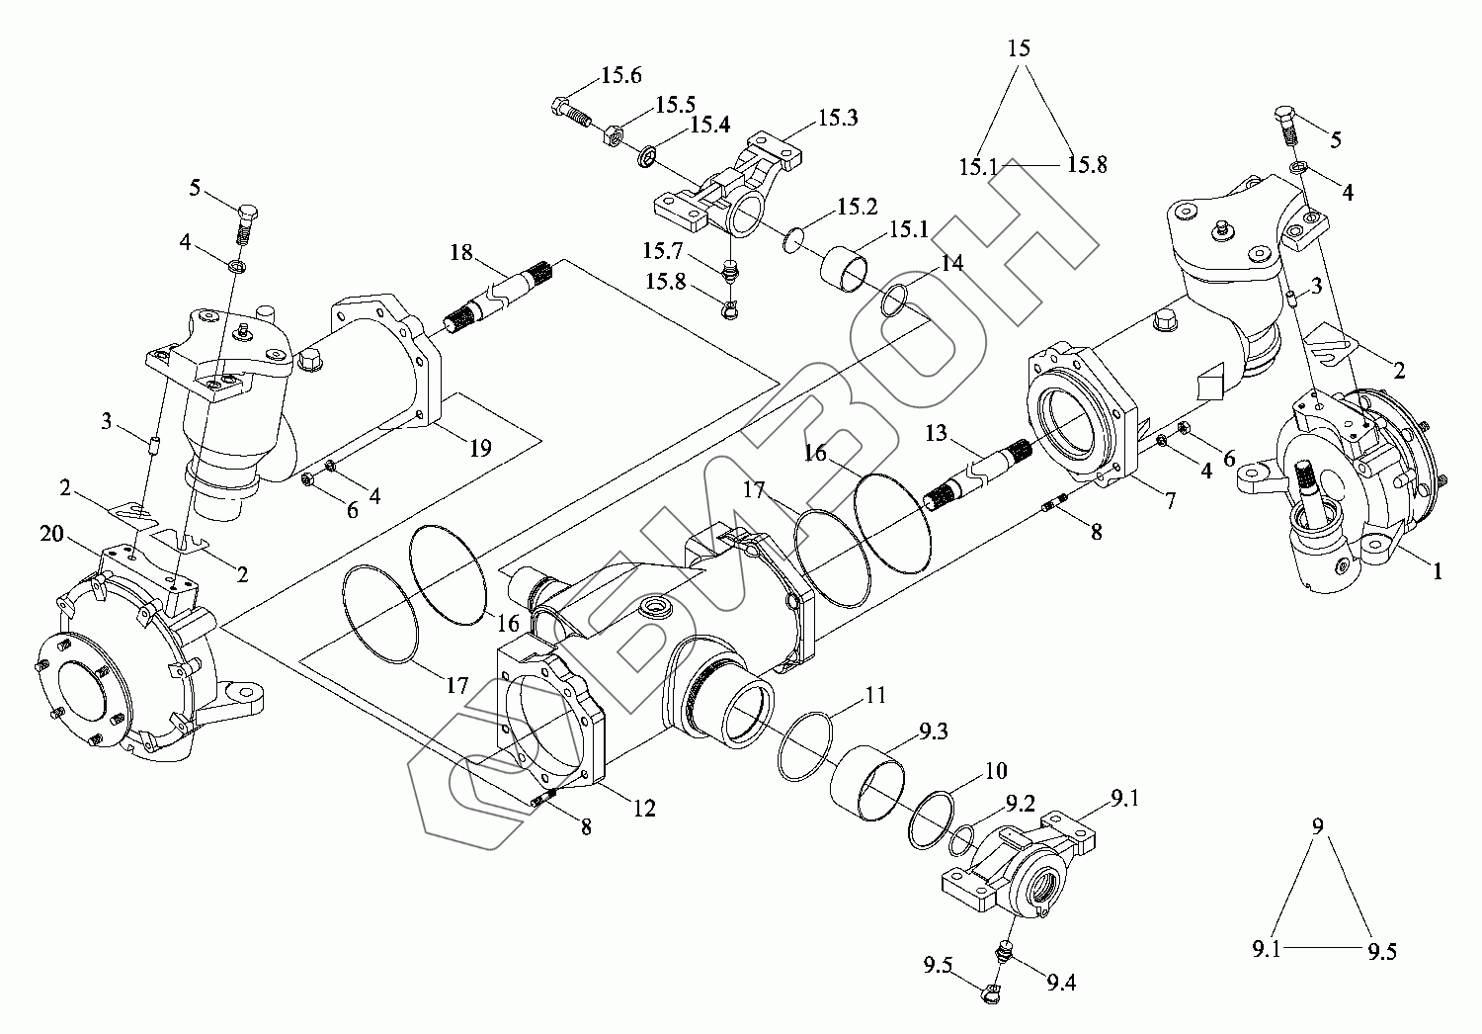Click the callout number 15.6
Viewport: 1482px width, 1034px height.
point(621,75)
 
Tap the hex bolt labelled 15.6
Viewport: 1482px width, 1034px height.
point(571,114)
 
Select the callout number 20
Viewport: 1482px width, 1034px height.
point(51,533)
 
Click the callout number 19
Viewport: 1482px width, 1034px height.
point(480,448)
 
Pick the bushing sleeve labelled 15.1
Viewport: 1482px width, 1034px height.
point(844,270)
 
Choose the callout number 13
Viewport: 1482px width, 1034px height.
point(936,433)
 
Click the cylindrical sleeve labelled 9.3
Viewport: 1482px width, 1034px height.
point(867,782)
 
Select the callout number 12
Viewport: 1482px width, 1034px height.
point(644,808)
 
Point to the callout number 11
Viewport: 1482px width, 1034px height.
point(875,695)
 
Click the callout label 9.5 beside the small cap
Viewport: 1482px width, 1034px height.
point(938,967)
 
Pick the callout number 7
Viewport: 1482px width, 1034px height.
point(1171,501)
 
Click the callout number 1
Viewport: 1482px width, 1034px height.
point(1437,570)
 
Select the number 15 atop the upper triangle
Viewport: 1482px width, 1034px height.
point(1020,47)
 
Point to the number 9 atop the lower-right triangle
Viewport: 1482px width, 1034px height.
point(1317,826)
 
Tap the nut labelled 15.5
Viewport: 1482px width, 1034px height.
point(612,135)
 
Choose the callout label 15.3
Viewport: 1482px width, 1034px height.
point(838,118)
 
